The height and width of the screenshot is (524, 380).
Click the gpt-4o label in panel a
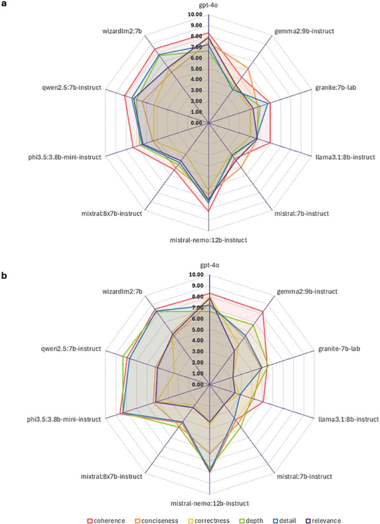coord(209,5)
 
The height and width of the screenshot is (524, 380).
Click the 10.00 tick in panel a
coord(199,14)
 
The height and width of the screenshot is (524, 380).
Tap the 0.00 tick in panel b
coord(200,384)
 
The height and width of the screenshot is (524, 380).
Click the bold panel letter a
coord(4,4)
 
